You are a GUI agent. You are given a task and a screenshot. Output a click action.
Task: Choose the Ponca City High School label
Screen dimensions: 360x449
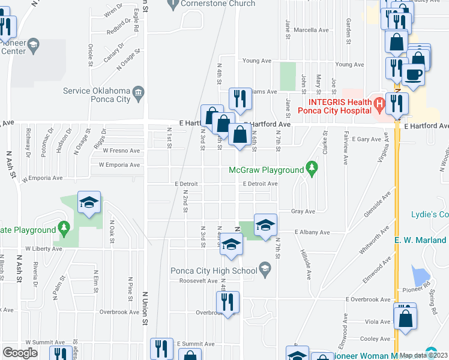coord(214,269)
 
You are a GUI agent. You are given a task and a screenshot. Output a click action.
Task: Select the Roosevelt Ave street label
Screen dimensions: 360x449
coord(196,281)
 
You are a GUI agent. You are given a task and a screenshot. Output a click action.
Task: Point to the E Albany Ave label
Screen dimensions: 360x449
coord(312,232)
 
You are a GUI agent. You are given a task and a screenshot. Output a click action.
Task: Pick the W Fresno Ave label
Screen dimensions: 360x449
coord(121,151)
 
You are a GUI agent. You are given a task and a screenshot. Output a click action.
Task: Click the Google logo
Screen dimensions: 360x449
coord(20,353)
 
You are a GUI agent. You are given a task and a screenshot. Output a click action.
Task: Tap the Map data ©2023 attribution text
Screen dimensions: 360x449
coord(423,355)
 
